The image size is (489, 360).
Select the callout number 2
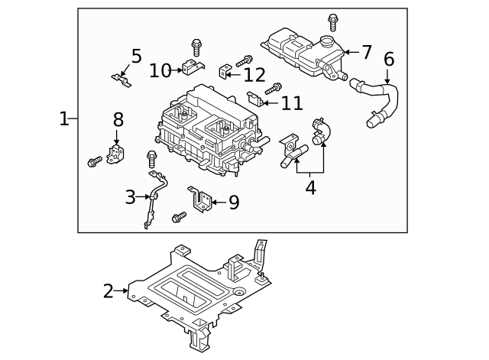click(x=108, y=290)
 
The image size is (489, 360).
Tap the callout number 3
click(x=131, y=197)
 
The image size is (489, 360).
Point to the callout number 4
click(x=310, y=187)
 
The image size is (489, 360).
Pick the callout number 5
click(x=136, y=56)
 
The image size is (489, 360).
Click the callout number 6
click(x=389, y=59)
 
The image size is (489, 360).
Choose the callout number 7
click(x=366, y=52)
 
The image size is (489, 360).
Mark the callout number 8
click(x=118, y=119)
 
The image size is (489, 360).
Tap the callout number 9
click(x=234, y=202)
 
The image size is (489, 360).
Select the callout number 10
click(x=160, y=70)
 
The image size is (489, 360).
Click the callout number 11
click(x=292, y=103)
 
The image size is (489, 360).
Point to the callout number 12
click(x=254, y=74)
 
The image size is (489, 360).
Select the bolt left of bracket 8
click(x=95, y=161)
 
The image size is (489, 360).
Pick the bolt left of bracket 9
click(x=179, y=218)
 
